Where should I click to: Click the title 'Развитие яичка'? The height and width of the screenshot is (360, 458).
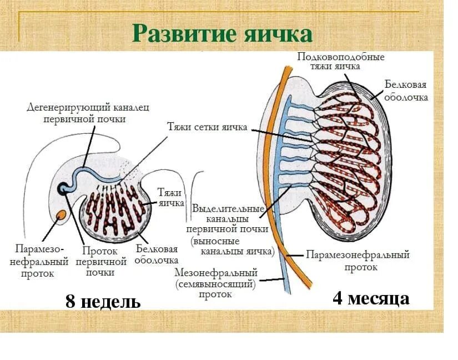click(222, 33)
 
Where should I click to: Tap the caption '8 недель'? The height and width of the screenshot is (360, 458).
click(103, 302)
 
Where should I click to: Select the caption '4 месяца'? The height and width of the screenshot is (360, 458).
click(371, 298)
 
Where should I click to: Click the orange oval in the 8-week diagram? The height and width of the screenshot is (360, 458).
click(63, 214)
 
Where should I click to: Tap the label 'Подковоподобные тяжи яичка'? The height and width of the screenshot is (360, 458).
click(340, 61)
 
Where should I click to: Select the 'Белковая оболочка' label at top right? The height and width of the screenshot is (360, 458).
click(406, 90)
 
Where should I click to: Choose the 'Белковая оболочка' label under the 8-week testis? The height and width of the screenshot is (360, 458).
click(157, 254)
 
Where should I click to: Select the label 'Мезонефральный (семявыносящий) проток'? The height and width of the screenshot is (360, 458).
click(215, 283)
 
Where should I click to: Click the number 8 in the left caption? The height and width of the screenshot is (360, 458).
click(71, 302)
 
